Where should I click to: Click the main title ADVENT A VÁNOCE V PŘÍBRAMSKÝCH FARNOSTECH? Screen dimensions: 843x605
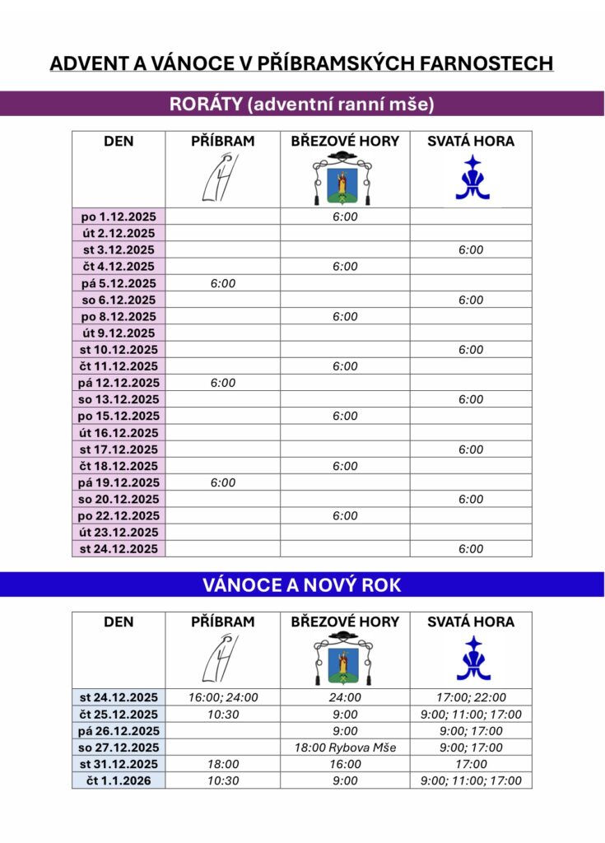coord(301,63)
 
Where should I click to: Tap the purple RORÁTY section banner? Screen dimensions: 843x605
coord(301,104)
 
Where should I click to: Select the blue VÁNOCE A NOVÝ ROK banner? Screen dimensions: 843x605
coord(301,585)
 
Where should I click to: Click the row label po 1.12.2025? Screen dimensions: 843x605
coord(119,217)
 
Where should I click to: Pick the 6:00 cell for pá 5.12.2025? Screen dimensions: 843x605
coord(222,283)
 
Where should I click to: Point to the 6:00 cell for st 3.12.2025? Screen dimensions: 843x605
coord(471,250)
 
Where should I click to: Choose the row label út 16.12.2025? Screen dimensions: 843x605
coord(119,433)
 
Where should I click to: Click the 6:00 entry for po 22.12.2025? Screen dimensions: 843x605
coord(345,516)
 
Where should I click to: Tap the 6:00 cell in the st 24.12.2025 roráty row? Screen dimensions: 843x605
coord(471,549)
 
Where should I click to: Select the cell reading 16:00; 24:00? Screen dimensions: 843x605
coord(222,697)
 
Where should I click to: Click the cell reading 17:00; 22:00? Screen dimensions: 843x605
coord(471,697)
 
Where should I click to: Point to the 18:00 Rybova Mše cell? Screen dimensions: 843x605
coord(345,748)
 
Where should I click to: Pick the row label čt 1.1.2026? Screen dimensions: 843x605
coord(119,780)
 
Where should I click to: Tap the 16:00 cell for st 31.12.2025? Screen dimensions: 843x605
coord(345,764)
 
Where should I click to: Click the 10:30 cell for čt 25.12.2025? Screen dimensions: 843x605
coord(222,715)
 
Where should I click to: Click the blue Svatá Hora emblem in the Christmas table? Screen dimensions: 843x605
coord(472,659)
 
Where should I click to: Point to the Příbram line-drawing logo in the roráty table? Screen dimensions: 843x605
coord(218,179)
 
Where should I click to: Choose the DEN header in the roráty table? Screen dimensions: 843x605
coord(119,142)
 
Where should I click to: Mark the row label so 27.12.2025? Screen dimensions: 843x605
coord(119,748)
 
